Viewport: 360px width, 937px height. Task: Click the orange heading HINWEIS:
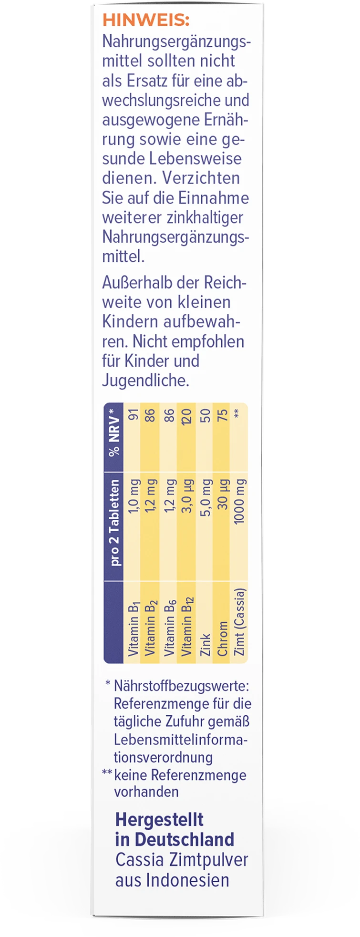click(146, 21)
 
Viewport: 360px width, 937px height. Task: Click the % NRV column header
click(114, 432)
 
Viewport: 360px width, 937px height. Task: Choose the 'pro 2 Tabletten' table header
click(115, 523)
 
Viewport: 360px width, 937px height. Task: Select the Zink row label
click(205, 644)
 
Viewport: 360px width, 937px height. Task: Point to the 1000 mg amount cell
click(239, 501)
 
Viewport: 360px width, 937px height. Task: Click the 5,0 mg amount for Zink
click(205, 495)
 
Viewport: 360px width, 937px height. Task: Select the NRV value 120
click(186, 415)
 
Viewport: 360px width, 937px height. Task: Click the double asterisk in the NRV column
click(239, 413)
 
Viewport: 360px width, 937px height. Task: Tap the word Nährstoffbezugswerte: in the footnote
click(181, 686)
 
